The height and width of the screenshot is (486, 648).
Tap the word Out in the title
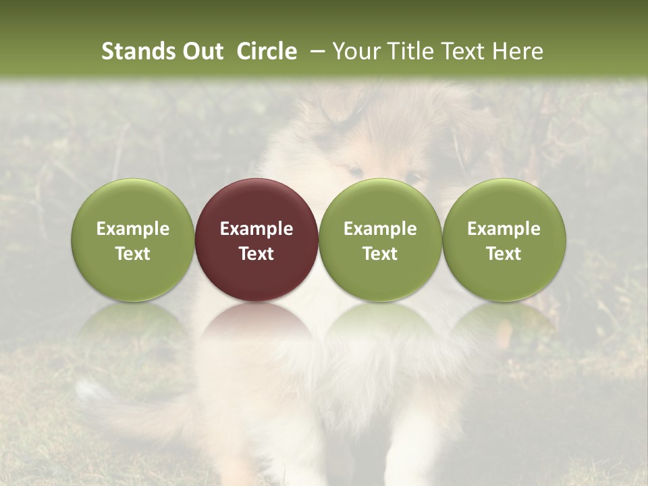(x=201, y=51)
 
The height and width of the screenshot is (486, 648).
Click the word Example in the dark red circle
(x=256, y=229)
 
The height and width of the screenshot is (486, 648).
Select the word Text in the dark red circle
(x=256, y=254)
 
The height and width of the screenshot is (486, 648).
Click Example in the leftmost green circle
(x=133, y=229)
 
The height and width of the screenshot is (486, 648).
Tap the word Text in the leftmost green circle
(x=133, y=254)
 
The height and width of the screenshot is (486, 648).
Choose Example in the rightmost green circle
(x=504, y=229)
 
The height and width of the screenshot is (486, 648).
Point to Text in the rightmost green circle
(x=504, y=254)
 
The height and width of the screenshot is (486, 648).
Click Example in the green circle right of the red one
(x=380, y=229)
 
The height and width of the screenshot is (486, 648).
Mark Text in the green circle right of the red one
(x=380, y=254)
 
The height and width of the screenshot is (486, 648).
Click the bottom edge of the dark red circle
(x=256, y=300)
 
